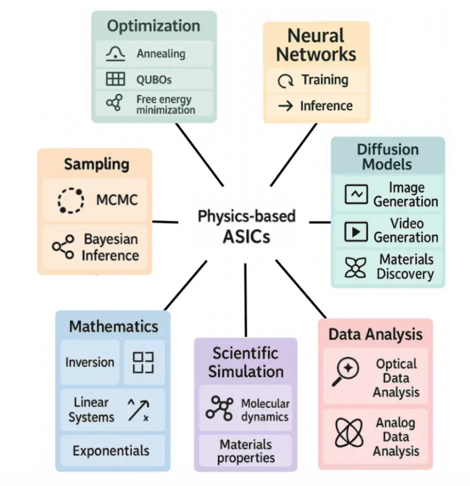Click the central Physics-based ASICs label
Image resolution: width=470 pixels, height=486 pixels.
point(246,226)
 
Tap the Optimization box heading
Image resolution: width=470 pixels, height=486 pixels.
point(153,26)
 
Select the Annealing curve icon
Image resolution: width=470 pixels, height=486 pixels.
point(115,54)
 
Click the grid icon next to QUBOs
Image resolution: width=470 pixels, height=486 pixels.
point(115,79)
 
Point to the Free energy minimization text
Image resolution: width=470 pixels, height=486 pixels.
point(165,105)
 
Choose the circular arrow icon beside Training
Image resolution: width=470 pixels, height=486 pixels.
point(285,81)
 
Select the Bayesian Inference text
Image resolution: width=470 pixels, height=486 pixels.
point(110,247)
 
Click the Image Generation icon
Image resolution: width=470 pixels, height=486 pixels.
point(356,195)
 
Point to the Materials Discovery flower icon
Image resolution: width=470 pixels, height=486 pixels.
point(356,267)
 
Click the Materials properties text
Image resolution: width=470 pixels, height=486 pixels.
point(246,451)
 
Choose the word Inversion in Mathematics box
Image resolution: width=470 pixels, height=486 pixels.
point(90,362)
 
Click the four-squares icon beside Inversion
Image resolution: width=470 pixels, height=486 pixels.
point(143,363)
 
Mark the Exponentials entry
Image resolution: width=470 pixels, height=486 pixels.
point(111,451)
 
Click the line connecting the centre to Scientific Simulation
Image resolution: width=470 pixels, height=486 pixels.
point(245,300)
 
